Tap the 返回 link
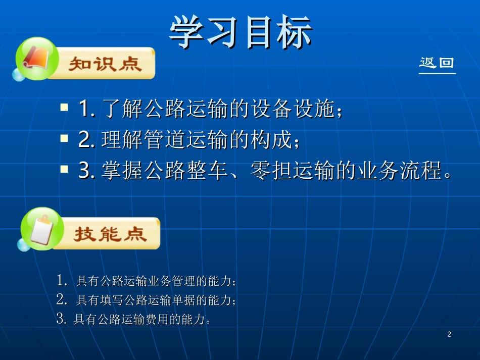(437, 64)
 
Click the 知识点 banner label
(105, 65)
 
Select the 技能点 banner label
(110, 234)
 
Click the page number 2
(449, 334)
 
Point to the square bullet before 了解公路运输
(64, 108)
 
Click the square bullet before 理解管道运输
(64, 138)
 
